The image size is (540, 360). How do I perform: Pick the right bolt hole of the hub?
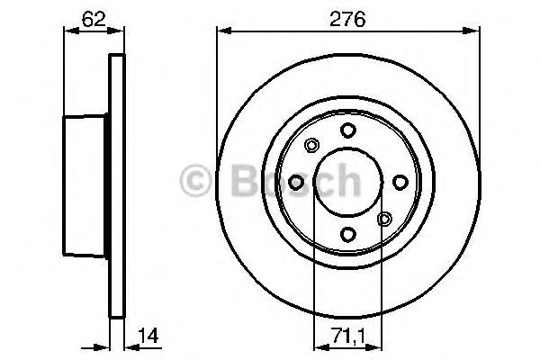(399, 183)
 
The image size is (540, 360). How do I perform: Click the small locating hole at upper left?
(311, 146)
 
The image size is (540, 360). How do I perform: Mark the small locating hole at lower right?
(384, 219)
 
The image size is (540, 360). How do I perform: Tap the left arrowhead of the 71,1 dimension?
(318, 346)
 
